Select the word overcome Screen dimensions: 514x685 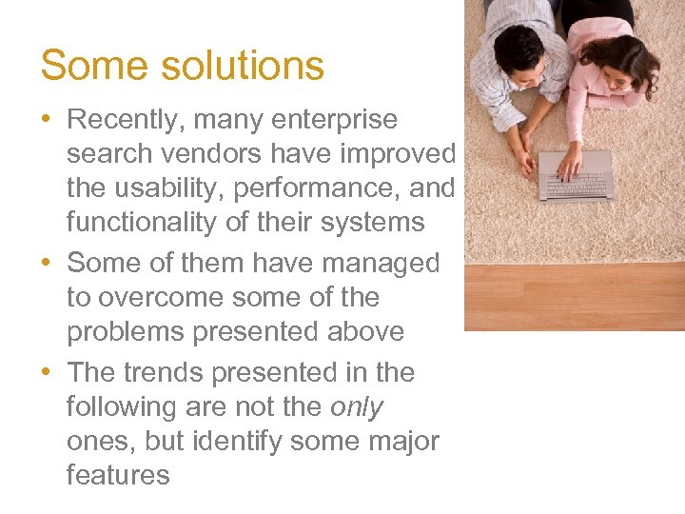tap(157, 297)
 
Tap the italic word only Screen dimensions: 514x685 tap(356, 406)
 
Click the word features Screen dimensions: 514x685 tap(118, 475)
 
